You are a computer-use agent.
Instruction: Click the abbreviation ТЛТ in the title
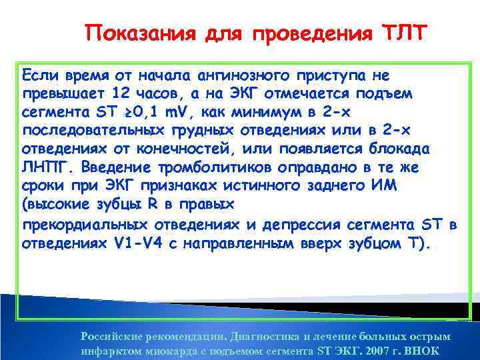point(403,33)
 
